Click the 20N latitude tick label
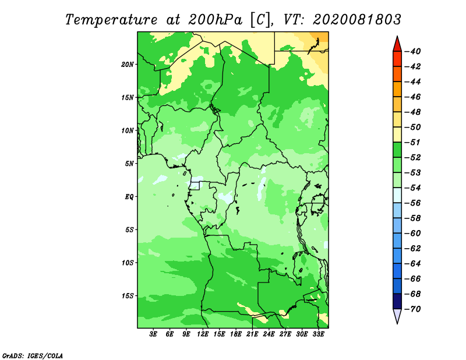(x=128, y=65)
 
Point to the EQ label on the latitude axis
(x=129, y=197)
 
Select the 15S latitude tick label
(x=128, y=296)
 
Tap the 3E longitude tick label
(x=153, y=334)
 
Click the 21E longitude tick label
(x=252, y=334)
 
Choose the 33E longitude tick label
(x=318, y=334)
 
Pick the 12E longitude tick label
(x=203, y=334)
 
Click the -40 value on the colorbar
(x=413, y=51)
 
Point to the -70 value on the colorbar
(x=413, y=309)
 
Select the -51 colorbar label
(x=413, y=142)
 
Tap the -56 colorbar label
(x=413, y=203)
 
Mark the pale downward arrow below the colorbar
(x=397, y=316)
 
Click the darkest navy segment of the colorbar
(x=397, y=301)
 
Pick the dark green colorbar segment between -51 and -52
(x=397, y=150)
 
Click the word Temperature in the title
(x=111, y=20)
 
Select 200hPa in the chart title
(x=216, y=20)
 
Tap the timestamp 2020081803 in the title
(x=357, y=20)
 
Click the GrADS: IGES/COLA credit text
(x=33, y=356)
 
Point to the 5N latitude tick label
(x=129, y=164)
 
